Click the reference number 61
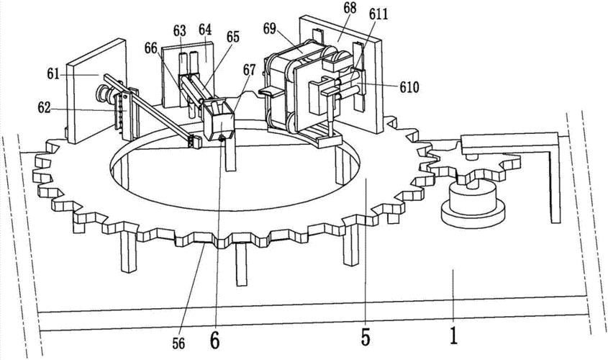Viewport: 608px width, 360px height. (x=53, y=73)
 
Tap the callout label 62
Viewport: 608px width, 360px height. (x=44, y=108)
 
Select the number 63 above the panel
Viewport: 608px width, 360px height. (x=180, y=31)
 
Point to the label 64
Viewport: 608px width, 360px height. (x=205, y=29)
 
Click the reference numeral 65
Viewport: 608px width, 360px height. (x=233, y=37)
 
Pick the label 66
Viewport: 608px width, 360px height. (x=151, y=48)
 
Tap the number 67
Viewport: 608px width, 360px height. (x=250, y=70)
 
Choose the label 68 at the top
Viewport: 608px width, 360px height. (x=349, y=9)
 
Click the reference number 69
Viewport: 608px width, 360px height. (x=270, y=28)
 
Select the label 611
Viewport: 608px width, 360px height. (x=378, y=14)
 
